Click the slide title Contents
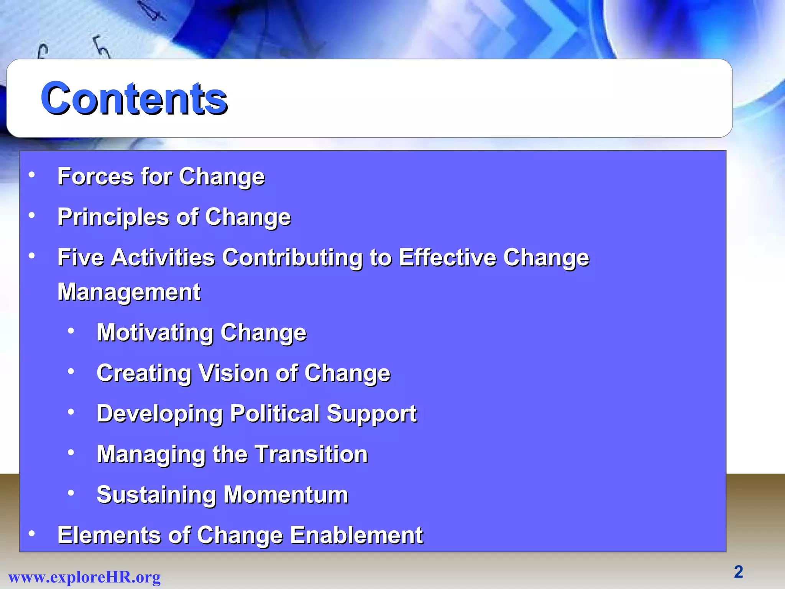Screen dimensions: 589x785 (134, 99)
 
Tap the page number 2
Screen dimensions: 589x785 (738, 572)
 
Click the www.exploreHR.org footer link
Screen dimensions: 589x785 (84, 577)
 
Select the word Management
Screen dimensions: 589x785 (129, 292)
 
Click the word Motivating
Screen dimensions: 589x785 (155, 332)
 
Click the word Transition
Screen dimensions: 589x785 (311, 454)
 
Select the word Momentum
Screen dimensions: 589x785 (286, 495)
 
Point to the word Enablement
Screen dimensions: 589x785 (356, 535)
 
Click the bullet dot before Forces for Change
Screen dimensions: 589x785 (32, 175)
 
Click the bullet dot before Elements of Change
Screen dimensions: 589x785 (32, 533)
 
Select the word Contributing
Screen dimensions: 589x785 (292, 257)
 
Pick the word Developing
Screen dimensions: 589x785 (160, 414)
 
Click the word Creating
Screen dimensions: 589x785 (144, 373)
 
